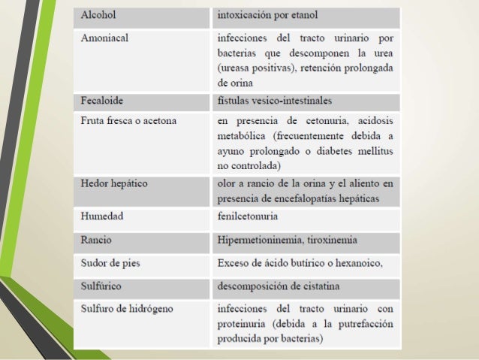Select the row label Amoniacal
click(x=104, y=38)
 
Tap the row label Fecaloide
click(x=103, y=99)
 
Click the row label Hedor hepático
click(x=114, y=183)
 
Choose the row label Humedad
click(x=102, y=216)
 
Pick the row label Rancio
click(x=96, y=241)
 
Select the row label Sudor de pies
click(x=110, y=264)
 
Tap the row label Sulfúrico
click(x=102, y=287)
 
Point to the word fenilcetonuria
click(x=249, y=216)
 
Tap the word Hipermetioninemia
click(x=260, y=241)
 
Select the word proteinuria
click(x=243, y=324)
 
